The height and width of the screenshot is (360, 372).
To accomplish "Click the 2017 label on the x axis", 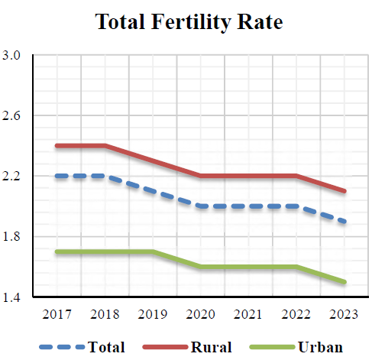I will pyautogui.click(x=56, y=314).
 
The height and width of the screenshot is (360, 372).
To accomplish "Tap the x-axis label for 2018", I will pyautogui.click(x=105, y=314).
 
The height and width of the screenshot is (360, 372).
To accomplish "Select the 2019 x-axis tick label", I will pyautogui.click(x=153, y=314).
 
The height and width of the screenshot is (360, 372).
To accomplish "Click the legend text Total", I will pyautogui.click(x=106, y=347).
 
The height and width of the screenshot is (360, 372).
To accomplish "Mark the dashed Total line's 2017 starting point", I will pyautogui.click(x=56, y=176).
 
